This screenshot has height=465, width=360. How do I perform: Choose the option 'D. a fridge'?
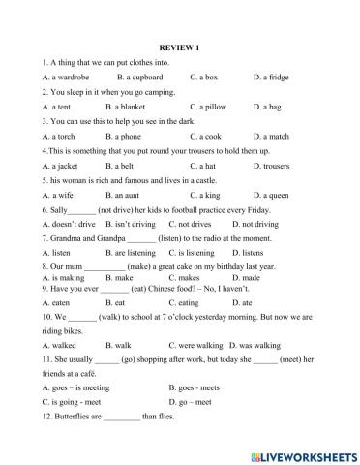pyautogui.click(x=272, y=75)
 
